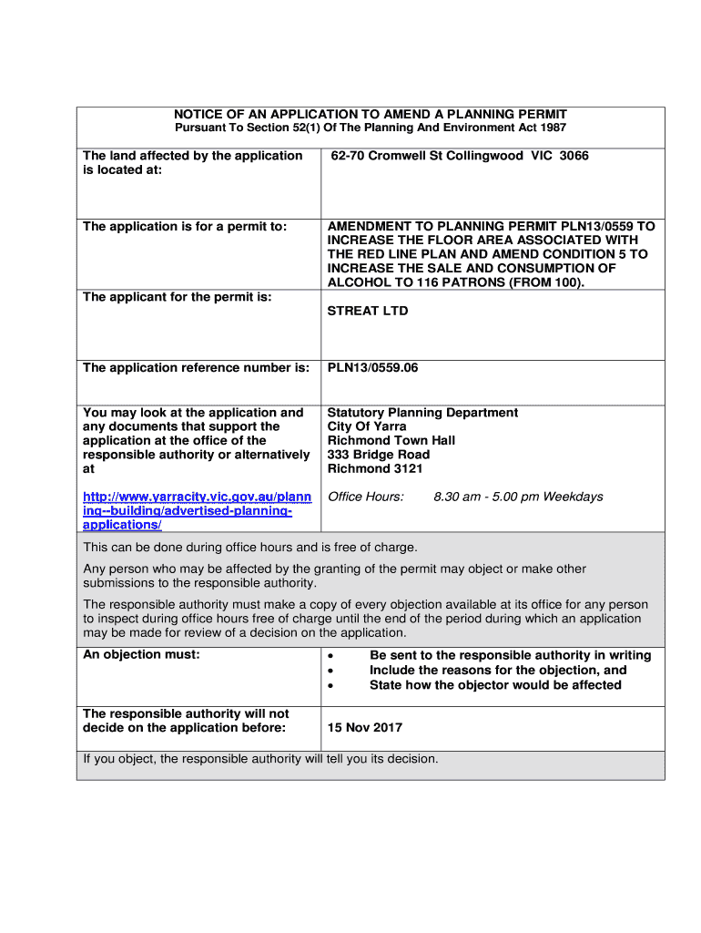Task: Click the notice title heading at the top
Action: (371, 114)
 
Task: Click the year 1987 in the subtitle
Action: (550, 128)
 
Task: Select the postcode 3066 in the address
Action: (574, 156)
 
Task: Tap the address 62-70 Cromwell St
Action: (382, 156)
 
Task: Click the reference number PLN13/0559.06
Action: (372, 368)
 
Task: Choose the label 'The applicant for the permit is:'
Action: (178, 297)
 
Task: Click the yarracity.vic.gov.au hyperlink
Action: (197, 510)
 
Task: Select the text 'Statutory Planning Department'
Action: (422, 413)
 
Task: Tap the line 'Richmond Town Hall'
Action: (391, 441)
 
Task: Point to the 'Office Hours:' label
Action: (365, 497)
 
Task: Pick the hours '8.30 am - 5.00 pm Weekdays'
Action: (518, 497)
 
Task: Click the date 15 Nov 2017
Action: (365, 728)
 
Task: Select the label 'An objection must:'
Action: (141, 655)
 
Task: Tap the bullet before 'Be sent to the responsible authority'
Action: (332, 656)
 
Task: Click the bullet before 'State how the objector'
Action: (332, 685)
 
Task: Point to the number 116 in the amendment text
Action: (429, 282)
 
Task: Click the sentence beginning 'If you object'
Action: (260, 758)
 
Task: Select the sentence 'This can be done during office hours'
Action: (250, 548)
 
